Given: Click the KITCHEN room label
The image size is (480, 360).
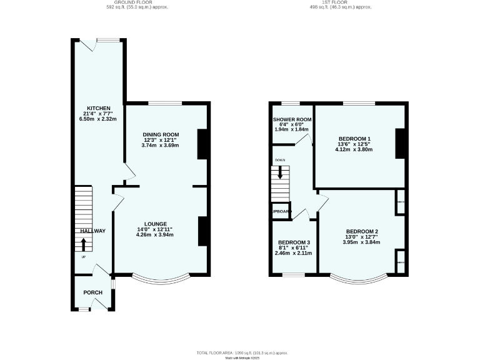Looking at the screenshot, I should (x=98, y=107).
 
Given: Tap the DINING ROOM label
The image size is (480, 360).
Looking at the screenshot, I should (x=161, y=134).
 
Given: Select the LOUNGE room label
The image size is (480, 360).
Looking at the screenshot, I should (x=155, y=224).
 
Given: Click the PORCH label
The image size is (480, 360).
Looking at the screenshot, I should (x=92, y=292).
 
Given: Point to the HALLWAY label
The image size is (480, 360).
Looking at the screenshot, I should (x=92, y=231).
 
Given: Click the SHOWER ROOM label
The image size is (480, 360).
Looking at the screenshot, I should (x=292, y=119).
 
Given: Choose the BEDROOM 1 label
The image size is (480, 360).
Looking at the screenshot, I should (x=354, y=139).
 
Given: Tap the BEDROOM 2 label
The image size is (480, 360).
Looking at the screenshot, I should (x=362, y=231).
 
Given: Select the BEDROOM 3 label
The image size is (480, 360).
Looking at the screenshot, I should (x=293, y=242).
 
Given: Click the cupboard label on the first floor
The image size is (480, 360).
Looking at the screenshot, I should (x=281, y=212).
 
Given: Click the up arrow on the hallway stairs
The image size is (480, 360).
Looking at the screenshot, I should (x=84, y=244).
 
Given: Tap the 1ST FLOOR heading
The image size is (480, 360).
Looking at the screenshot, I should (x=340, y=2).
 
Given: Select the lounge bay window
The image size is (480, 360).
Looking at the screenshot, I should (x=161, y=279).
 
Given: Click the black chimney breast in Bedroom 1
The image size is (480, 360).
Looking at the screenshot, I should (x=401, y=144).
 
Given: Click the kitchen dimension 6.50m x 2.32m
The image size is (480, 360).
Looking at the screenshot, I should (x=98, y=119).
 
